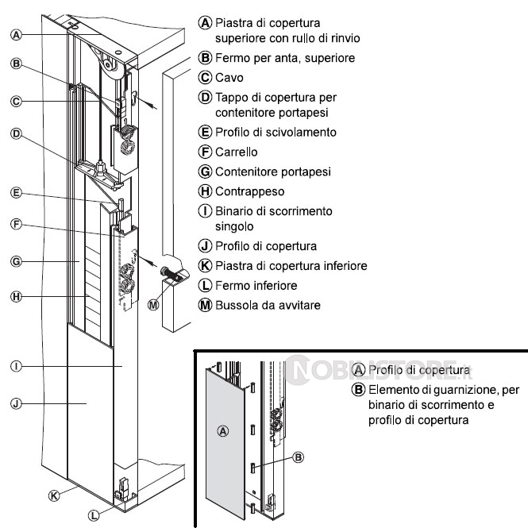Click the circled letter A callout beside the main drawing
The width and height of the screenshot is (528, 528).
click(16, 34)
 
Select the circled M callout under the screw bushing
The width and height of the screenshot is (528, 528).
click(153, 304)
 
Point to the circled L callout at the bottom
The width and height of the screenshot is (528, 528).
click(94, 515)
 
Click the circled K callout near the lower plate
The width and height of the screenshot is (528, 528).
click(54, 495)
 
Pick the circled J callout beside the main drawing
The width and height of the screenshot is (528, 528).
click(16, 404)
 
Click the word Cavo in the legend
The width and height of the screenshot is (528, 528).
click(229, 78)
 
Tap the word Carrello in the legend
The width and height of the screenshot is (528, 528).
click(238, 152)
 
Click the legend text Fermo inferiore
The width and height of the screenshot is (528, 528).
click(258, 285)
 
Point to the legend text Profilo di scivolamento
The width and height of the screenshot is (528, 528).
click(276, 132)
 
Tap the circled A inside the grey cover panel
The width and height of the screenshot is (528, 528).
click(223, 430)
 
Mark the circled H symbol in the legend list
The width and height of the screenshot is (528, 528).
click(204, 191)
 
